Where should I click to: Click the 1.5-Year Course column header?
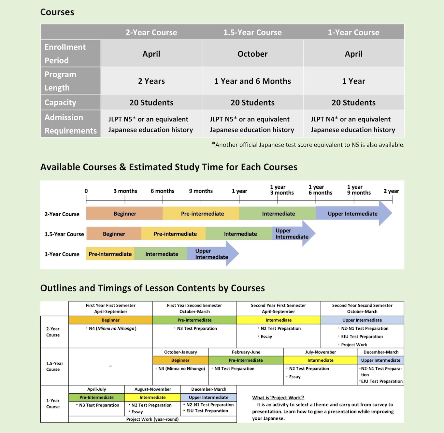tap(252, 32)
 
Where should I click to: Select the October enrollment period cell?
tap(252, 54)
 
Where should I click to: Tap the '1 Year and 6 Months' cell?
tap(252, 81)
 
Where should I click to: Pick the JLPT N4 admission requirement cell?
tap(353, 124)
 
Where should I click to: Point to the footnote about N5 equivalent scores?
tap(308, 145)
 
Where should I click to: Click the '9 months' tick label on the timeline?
tap(201, 191)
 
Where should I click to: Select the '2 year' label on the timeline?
tap(391, 191)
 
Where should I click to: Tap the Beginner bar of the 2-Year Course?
tap(125, 214)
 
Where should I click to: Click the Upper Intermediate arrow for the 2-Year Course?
tap(353, 214)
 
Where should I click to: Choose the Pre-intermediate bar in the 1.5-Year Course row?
tap(175, 234)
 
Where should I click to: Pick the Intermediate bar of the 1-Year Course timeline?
tap(162, 254)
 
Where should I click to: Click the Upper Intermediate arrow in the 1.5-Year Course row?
tap(292, 234)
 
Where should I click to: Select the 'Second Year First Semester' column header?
tap(279, 308)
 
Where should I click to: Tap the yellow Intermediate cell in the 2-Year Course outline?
tap(279, 320)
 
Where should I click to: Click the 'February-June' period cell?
tap(246, 352)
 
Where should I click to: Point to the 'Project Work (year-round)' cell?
tap(152, 419)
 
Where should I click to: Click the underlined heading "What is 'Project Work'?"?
tap(278, 397)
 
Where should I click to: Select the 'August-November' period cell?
tap(152, 389)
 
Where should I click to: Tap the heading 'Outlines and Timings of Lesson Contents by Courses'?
tap(152, 288)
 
